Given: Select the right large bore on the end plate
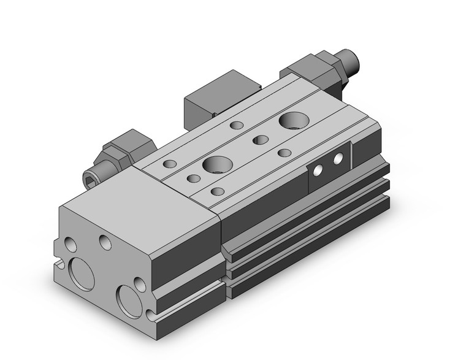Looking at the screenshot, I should coord(131,299).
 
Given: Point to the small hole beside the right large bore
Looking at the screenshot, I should coord(139,283).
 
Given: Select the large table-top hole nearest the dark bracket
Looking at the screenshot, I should coord(290,121).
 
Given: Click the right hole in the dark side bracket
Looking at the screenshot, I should coord(337,159).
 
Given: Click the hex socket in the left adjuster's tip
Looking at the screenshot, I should coord(89,180).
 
